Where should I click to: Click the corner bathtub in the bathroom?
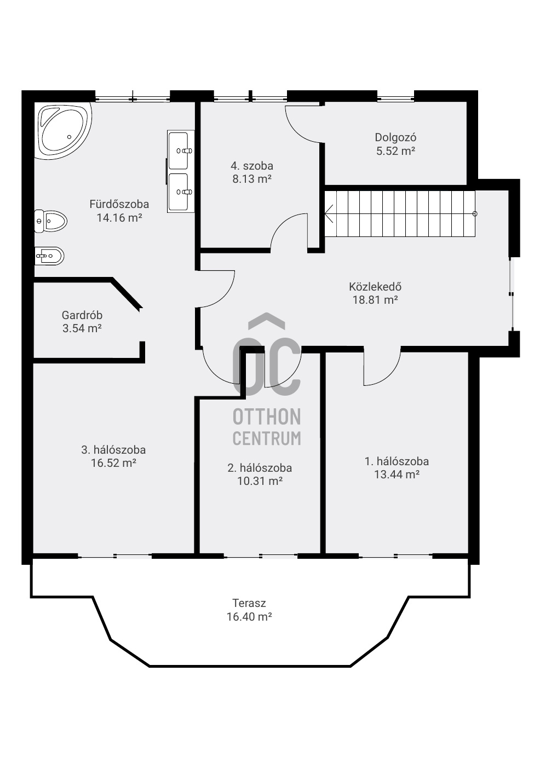pyautogui.click(x=64, y=131)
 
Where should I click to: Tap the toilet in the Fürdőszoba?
pyautogui.click(x=51, y=221)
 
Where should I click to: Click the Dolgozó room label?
pyautogui.click(x=395, y=137)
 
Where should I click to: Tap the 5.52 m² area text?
pyautogui.click(x=395, y=151)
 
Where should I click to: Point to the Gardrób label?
pyautogui.click(x=82, y=315)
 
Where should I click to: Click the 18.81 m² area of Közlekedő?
pyautogui.click(x=375, y=300)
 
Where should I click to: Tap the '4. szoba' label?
pyautogui.click(x=252, y=166)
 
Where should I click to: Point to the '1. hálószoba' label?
pyautogui.click(x=397, y=461)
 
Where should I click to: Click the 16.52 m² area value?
pyautogui.click(x=113, y=462)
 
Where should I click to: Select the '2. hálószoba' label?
pyautogui.click(x=260, y=468)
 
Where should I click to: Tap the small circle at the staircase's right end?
pyautogui.click(x=475, y=213)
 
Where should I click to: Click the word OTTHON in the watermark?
pyautogui.click(x=267, y=416)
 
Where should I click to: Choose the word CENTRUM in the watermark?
pyautogui.click(x=267, y=438)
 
